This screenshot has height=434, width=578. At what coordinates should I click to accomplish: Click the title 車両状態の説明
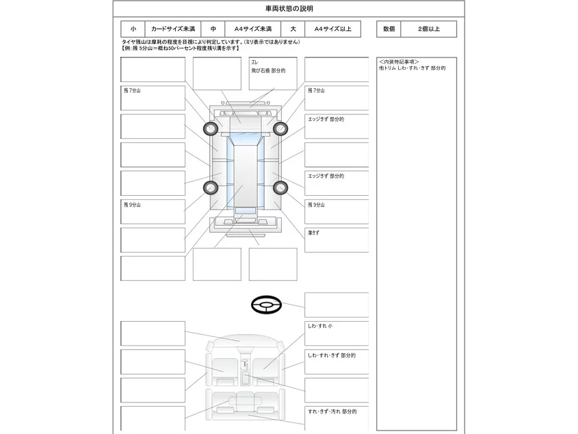point(289,9)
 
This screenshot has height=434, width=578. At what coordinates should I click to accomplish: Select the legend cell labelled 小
point(133,29)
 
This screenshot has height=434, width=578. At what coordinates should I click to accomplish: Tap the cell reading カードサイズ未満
point(173,29)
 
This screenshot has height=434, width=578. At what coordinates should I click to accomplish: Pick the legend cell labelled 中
point(213,29)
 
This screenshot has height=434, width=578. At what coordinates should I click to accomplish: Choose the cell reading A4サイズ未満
point(253,29)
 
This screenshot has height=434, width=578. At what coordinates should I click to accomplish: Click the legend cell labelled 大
point(293,29)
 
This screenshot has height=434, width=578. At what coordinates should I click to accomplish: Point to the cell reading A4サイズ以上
point(333,29)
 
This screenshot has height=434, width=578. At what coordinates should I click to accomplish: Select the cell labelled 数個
point(389,29)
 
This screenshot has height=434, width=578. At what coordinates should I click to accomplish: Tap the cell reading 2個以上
point(429,29)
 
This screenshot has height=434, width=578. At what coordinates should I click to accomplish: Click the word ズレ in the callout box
point(254,62)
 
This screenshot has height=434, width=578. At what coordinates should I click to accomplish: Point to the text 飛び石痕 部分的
point(268,71)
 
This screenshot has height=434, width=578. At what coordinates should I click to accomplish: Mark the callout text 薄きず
point(314,233)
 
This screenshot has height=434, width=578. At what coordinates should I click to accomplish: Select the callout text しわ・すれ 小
point(320,327)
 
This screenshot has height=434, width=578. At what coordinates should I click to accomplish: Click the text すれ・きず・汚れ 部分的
point(332,411)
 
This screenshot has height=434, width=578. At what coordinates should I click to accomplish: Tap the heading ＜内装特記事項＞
point(399,62)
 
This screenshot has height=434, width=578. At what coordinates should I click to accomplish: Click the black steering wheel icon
point(266,305)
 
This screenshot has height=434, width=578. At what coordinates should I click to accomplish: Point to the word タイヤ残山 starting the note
point(132,42)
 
